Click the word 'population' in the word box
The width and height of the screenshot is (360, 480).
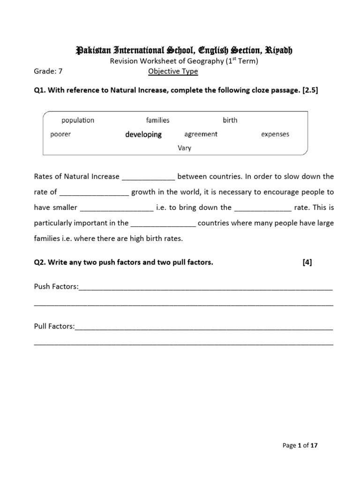tap(78, 120)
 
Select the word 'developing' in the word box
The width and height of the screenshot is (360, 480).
tap(143, 135)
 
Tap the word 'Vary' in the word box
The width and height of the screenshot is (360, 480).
tap(184, 148)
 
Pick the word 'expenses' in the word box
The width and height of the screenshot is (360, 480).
tap(275, 134)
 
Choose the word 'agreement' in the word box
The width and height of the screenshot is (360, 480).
tap(201, 134)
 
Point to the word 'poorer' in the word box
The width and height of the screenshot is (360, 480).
tap(60, 135)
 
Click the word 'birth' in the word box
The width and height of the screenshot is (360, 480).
tap(230, 120)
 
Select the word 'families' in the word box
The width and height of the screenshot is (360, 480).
tap(157, 120)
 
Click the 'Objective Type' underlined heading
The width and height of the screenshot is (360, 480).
tap(173, 72)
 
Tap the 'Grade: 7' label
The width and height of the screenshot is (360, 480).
tap(48, 72)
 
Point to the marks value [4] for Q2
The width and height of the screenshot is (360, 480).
tap(307, 262)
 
